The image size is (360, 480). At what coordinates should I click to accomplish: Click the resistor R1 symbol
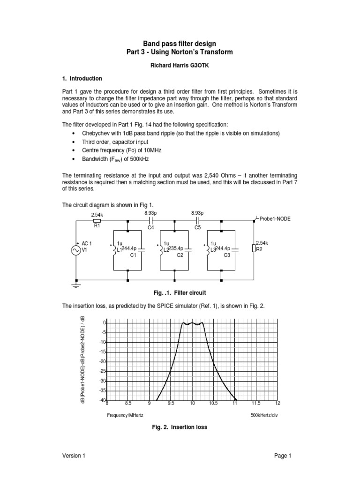97,220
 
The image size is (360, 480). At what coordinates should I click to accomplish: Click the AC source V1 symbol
75,251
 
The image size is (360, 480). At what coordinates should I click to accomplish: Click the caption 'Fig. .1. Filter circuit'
180,292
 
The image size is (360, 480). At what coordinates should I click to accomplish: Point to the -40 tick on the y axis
102,400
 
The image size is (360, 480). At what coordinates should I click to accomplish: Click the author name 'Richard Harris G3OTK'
180,67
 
